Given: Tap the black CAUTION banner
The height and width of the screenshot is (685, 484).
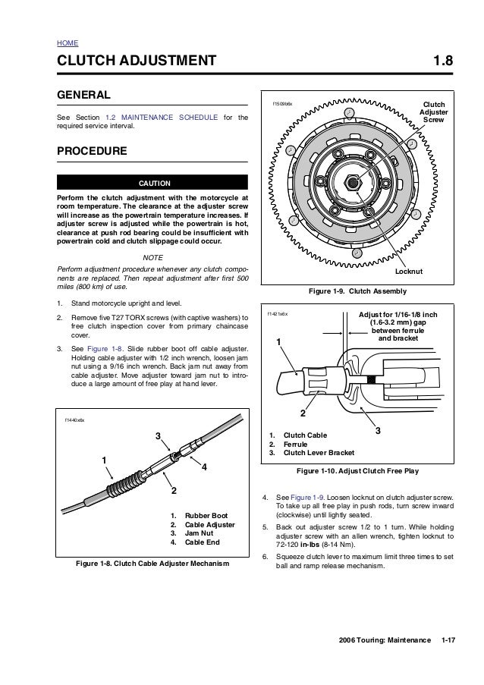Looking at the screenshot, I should [152, 183].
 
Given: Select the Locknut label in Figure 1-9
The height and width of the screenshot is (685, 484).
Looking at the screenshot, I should [409, 270].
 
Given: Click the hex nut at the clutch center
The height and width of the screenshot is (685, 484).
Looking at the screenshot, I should [354, 182].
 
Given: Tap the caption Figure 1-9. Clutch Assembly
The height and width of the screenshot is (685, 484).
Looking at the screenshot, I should [357, 291].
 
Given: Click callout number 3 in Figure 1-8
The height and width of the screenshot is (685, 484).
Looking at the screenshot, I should [159, 435].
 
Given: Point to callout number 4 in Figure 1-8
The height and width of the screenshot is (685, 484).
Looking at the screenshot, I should [203, 467].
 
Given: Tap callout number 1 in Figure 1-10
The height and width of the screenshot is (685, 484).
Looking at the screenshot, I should [278, 342].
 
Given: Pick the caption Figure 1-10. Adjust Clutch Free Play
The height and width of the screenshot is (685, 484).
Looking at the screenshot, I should [357, 471].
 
